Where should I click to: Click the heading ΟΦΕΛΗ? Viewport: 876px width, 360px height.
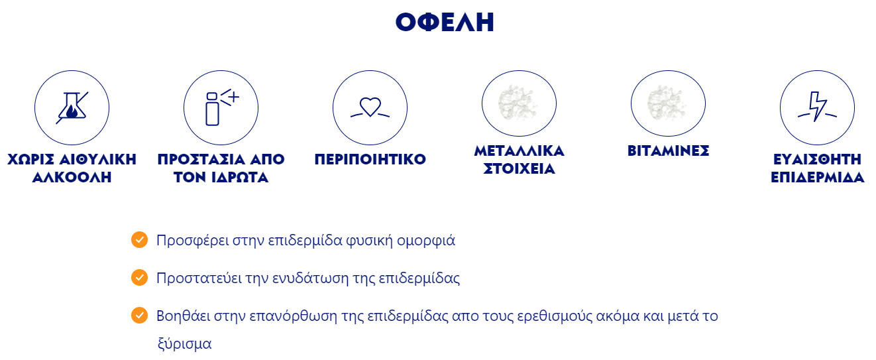[445, 22]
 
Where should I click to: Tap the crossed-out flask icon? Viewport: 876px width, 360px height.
[72, 108]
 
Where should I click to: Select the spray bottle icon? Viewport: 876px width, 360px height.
[221, 107]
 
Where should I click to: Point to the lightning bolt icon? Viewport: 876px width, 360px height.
[817, 107]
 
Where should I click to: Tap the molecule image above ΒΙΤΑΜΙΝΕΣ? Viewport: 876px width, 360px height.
[667, 103]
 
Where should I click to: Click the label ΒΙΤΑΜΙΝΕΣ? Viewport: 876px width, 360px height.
[669, 150]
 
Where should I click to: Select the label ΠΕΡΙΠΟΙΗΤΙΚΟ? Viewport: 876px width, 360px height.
[370, 159]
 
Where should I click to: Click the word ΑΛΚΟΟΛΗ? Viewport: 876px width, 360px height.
[72, 177]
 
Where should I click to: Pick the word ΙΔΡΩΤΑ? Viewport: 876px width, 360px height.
[240, 177]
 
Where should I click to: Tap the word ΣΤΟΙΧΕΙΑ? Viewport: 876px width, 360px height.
[519, 168]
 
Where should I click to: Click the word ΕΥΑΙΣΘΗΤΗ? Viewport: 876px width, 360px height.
[817, 159]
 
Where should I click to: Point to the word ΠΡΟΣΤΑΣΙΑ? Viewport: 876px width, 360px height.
[201, 159]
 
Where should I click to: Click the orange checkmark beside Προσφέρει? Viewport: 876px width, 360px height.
[139, 240]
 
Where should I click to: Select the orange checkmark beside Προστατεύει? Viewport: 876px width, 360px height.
[139, 277]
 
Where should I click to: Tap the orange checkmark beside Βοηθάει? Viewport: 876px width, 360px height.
[139, 316]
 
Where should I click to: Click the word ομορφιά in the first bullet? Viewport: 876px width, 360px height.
[426, 241]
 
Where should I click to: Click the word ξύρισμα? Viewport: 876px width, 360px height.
[185, 344]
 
